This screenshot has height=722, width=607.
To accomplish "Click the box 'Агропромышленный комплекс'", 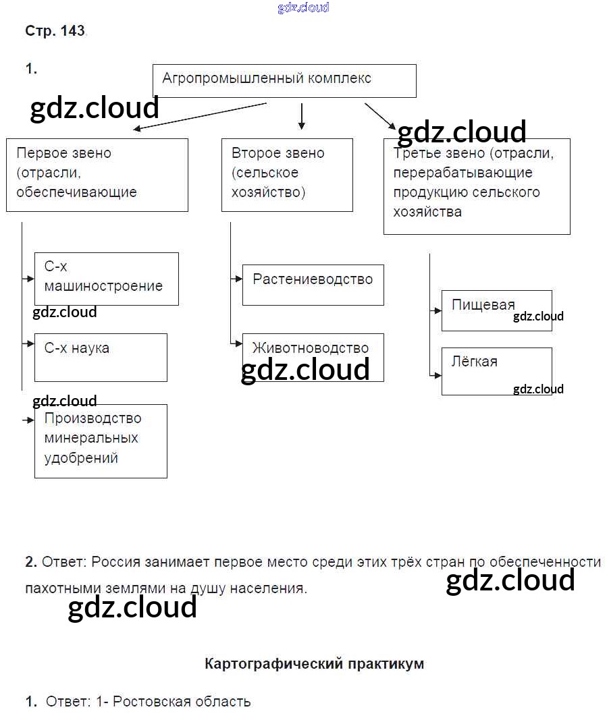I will pyautogui.click(x=284, y=81).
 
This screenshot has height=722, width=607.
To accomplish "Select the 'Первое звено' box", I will pyautogui.click(x=97, y=175).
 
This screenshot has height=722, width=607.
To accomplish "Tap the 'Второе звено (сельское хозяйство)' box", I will pyautogui.click(x=287, y=175).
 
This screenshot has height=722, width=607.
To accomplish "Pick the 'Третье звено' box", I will pyautogui.click(x=477, y=186).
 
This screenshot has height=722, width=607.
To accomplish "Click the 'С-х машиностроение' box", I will pyautogui.click(x=107, y=279).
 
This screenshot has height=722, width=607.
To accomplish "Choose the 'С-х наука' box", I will pyautogui.click(x=101, y=357).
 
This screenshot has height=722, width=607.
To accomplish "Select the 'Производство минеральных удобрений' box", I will pyautogui.click(x=101, y=441).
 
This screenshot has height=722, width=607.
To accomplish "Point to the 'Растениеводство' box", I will pyautogui.click(x=313, y=285).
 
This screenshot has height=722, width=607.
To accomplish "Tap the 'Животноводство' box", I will pyautogui.click(x=313, y=357).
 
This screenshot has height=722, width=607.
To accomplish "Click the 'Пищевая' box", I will pyautogui.click(x=496, y=310).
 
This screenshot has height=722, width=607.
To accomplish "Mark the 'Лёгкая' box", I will pyautogui.click(x=496, y=371).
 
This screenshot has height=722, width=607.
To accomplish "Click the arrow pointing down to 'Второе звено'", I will pyautogui.click(x=302, y=116).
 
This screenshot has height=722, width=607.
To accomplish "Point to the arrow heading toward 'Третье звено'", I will pyautogui.click(x=380, y=115).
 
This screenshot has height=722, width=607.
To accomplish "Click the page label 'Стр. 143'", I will pyautogui.click(x=55, y=31).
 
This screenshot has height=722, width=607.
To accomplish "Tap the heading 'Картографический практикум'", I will pyautogui.click(x=314, y=663).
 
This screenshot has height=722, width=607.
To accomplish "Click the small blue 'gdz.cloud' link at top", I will pyautogui.click(x=303, y=7).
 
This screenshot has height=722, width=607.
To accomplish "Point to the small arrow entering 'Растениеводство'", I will pyautogui.click(x=236, y=278).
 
